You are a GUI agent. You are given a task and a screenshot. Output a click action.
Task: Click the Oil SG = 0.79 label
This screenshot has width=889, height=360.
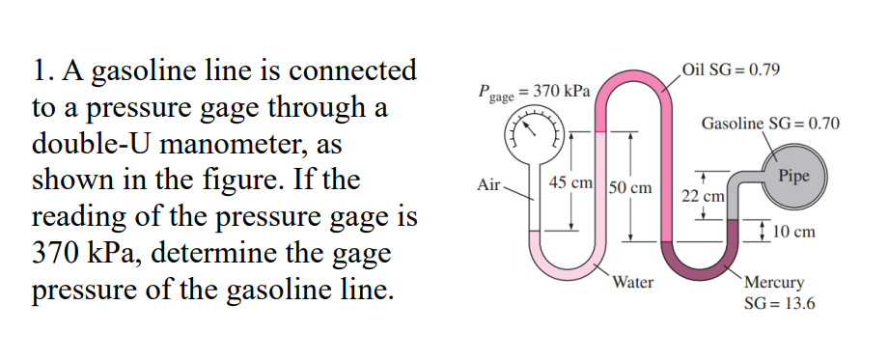tap(732, 71)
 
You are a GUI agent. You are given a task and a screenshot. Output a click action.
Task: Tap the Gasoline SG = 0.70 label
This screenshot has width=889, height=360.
tap(770, 125)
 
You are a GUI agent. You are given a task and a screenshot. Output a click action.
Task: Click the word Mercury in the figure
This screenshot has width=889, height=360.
tap(774, 283)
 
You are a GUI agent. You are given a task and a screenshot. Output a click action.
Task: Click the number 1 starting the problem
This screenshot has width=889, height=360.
tap(38, 71)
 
